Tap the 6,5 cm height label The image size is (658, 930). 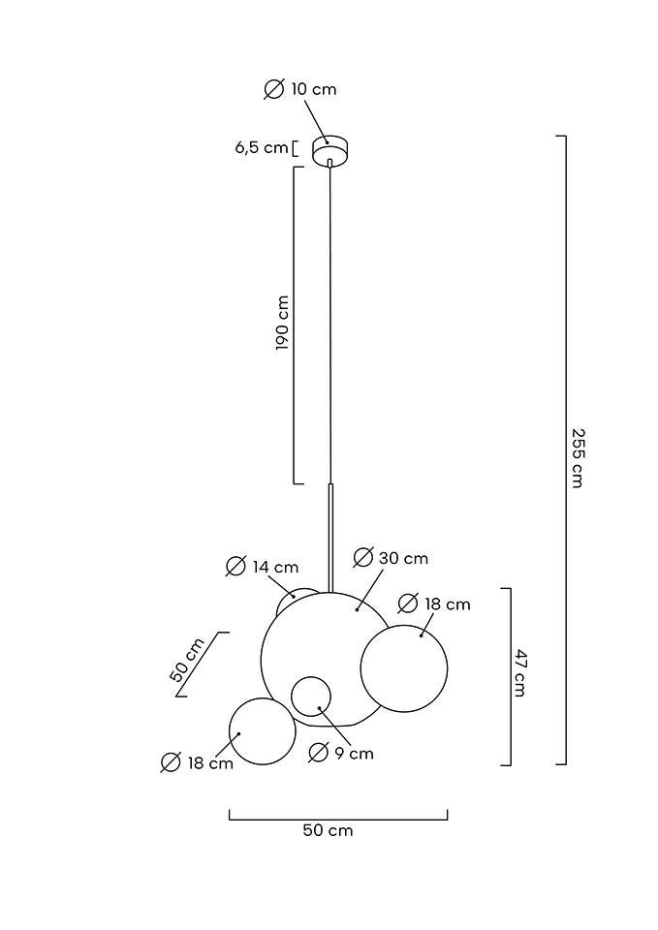coord(262,148)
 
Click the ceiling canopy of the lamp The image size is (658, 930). coord(329,150)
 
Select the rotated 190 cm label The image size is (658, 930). coord(283,323)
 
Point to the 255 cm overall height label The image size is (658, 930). coord(577,457)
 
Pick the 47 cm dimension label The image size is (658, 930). coord(519,673)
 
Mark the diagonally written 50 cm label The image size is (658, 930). coord(187,661)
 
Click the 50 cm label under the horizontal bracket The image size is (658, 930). coord(328,830)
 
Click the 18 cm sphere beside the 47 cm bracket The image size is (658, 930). coord(404,668)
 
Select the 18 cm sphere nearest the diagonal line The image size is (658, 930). coord(262,730)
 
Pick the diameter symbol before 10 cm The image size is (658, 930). coord(274,89)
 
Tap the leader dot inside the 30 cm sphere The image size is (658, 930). coord(358,609)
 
